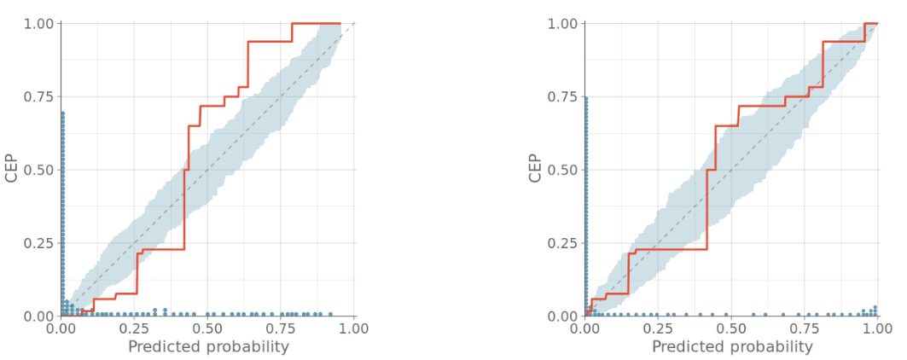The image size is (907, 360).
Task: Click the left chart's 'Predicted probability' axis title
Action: point(208,347)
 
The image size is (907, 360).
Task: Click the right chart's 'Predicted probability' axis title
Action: point(732,347)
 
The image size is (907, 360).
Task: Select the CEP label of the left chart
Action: point(12,169)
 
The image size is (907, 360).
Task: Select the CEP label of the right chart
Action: point(535,169)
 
